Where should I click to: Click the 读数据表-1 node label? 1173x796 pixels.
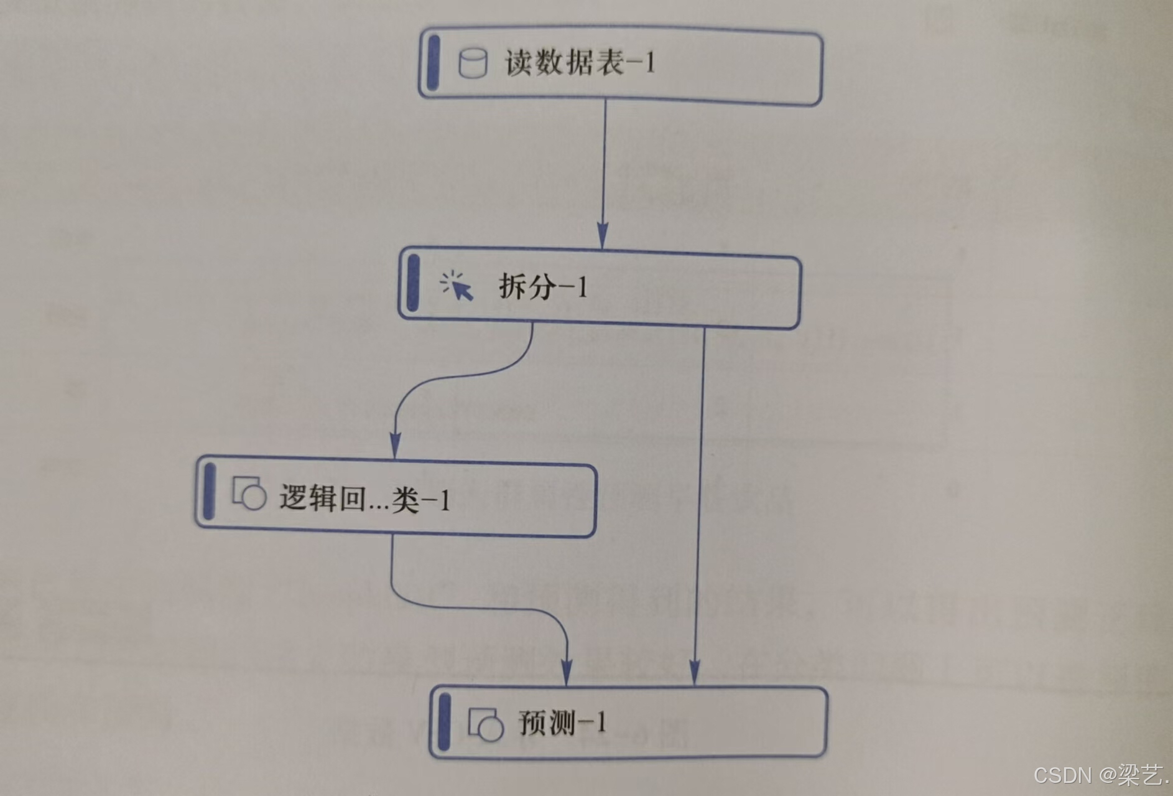(580, 63)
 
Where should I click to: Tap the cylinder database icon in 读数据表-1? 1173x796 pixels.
(473, 63)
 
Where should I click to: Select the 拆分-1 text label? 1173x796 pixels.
(543, 287)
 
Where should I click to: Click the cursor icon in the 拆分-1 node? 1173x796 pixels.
(457, 286)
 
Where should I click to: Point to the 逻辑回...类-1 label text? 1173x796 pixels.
(364, 499)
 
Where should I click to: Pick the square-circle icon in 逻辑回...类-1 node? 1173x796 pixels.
(249, 494)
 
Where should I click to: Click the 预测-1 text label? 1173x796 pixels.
(562, 723)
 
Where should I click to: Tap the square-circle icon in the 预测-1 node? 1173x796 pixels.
(485, 724)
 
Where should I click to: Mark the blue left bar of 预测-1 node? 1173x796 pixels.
(443, 722)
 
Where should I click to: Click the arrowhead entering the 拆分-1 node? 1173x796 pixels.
(602, 238)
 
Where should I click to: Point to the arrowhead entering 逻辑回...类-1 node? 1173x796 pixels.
(394, 447)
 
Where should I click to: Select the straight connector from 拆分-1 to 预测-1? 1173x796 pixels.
(700, 498)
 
